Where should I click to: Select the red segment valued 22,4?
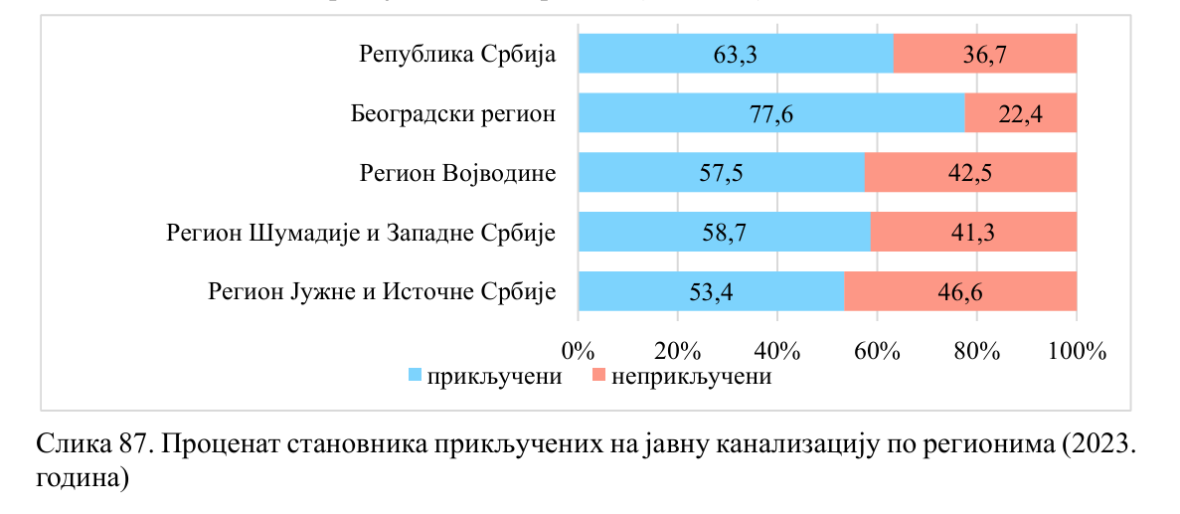pos(1020,113)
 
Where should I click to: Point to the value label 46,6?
pos(961,292)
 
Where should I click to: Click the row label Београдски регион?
pos(452,113)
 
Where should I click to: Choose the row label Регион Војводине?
pos(457,173)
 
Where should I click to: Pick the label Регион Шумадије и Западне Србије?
pos(360,233)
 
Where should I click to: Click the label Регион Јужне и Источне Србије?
pos(381,292)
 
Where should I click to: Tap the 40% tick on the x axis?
pos(777,351)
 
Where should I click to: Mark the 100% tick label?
pos(1077,351)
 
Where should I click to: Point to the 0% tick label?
pos(578,351)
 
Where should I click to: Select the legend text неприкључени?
pos(691,377)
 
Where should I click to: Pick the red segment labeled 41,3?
pos(974,233)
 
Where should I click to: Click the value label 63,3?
pos(736,54)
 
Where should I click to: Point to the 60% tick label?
pos(877,351)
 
